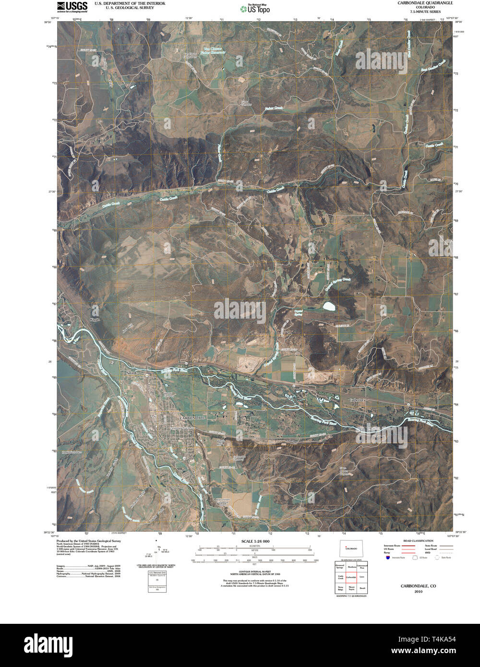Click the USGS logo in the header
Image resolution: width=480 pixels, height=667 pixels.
click(72, 6)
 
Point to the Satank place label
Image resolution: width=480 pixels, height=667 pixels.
click(131, 372)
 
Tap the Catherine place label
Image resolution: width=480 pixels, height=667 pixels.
click(357, 400)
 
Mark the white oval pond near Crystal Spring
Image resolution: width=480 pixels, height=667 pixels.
click(329, 305)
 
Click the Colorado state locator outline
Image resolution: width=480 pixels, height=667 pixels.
click(350, 548)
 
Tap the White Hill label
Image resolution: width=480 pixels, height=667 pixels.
click(220, 442)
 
